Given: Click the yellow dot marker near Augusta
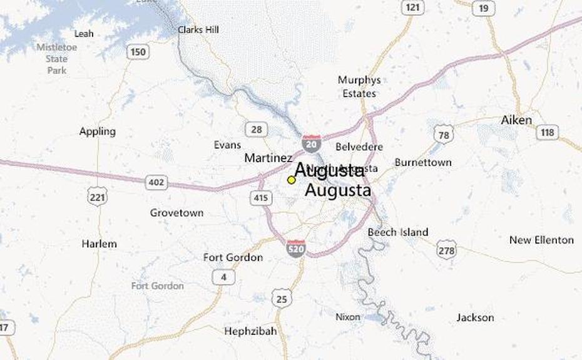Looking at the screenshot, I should tap(291, 180).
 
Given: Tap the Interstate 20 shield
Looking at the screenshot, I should tap(311, 143).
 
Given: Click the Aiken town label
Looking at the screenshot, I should tap(516, 120).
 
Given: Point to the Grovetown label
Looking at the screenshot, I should tap(176, 213).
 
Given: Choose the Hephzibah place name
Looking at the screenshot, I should tap(250, 331).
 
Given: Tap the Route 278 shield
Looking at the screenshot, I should tap(446, 249).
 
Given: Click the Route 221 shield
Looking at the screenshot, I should tap(97, 195).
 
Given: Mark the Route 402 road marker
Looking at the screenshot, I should tap(156, 182).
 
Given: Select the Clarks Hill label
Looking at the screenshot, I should tap(199, 29).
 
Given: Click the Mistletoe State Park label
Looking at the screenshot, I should tap(56, 58).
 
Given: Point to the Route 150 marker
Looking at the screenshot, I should tap(137, 51).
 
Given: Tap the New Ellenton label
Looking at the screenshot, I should tap(541, 240).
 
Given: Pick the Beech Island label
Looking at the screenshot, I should tap(398, 232).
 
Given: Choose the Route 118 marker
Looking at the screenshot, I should tap(548, 132).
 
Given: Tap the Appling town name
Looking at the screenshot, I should tap(98, 131).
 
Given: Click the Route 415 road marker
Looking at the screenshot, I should tap(261, 198).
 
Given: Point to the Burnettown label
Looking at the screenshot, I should tap(423, 163).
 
